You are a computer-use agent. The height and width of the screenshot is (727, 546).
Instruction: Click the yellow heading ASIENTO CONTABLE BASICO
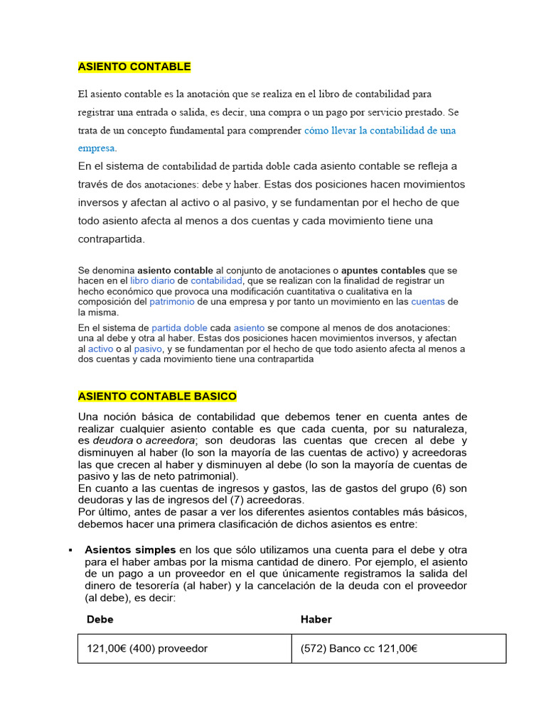(x=157, y=396)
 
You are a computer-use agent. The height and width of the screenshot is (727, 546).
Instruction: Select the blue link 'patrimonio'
(x=171, y=302)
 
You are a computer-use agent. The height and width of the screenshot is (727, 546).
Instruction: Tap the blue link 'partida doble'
(x=180, y=328)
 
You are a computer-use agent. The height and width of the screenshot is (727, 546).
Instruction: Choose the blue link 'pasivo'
(x=148, y=349)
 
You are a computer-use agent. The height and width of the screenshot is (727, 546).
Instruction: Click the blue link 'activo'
(x=100, y=349)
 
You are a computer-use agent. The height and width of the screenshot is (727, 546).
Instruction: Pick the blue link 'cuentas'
(x=428, y=302)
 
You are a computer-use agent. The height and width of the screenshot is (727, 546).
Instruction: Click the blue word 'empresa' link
(x=96, y=148)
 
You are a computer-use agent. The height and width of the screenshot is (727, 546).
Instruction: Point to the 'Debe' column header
(x=100, y=619)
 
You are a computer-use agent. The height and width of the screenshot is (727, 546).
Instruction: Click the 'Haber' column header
(x=316, y=619)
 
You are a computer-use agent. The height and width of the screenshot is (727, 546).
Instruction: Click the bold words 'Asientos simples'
(x=130, y=550)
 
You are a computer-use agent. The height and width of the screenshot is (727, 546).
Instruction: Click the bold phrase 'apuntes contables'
(x=383, y=270)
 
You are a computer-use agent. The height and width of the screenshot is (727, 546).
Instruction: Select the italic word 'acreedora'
(x=169, y=441)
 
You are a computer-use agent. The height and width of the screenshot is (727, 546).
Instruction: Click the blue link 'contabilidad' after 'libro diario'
(x=221, y=280)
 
